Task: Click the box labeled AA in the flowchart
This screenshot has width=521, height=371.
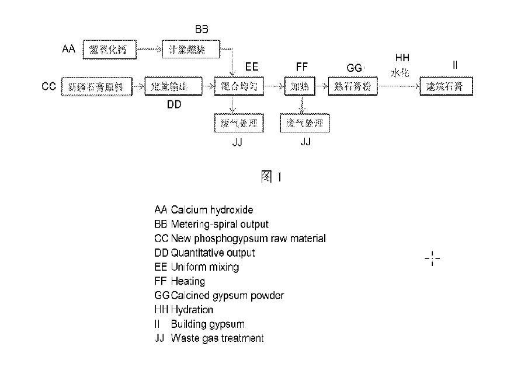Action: [x=109, y=50]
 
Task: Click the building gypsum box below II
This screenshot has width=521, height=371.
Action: [x=446, y=87]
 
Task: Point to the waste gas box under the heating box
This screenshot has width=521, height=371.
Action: [x=304, y=124]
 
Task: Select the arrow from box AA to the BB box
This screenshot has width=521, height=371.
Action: [x=150, y=50]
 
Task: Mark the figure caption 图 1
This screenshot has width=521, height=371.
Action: [x=270, y=176]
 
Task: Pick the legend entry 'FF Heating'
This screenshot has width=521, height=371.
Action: [x=179, y=281]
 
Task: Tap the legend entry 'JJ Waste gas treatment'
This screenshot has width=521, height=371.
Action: [x=209, y=338]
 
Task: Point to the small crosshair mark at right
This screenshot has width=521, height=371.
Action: [x=432, y=258]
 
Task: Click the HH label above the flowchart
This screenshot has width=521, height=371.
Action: [x=402, y=58]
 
